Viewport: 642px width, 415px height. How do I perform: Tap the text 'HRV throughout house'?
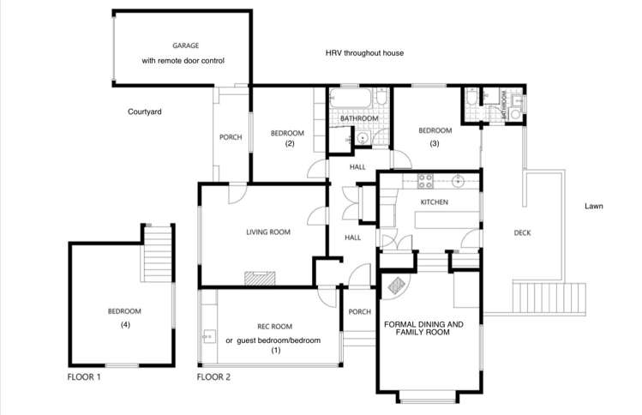[364, 53]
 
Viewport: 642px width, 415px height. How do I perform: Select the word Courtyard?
[145, 111]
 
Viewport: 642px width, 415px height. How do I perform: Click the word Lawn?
[595, 207]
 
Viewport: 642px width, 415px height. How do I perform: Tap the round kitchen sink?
[458, 181]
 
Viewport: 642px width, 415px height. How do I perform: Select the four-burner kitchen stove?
[424, 180]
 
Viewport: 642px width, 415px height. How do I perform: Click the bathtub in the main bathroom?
[353, 102]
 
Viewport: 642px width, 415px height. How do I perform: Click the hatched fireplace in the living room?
[257, 278]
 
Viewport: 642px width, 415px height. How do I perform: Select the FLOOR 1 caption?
[85, 376]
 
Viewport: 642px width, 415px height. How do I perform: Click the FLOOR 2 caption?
[214, 376]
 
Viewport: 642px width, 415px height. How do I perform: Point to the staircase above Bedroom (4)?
[157, 255]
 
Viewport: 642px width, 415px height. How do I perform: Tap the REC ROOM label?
[275, 327]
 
